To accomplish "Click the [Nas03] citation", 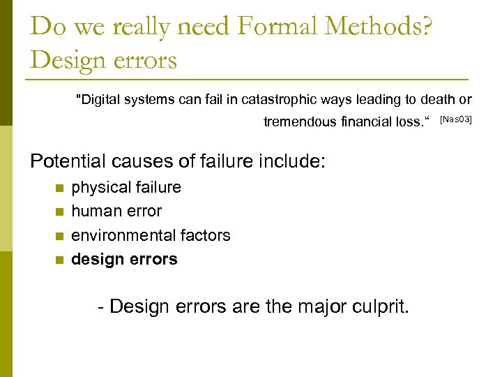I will point(457,121).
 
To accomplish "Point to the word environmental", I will point(116,235).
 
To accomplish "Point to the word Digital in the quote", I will point(98,100).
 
